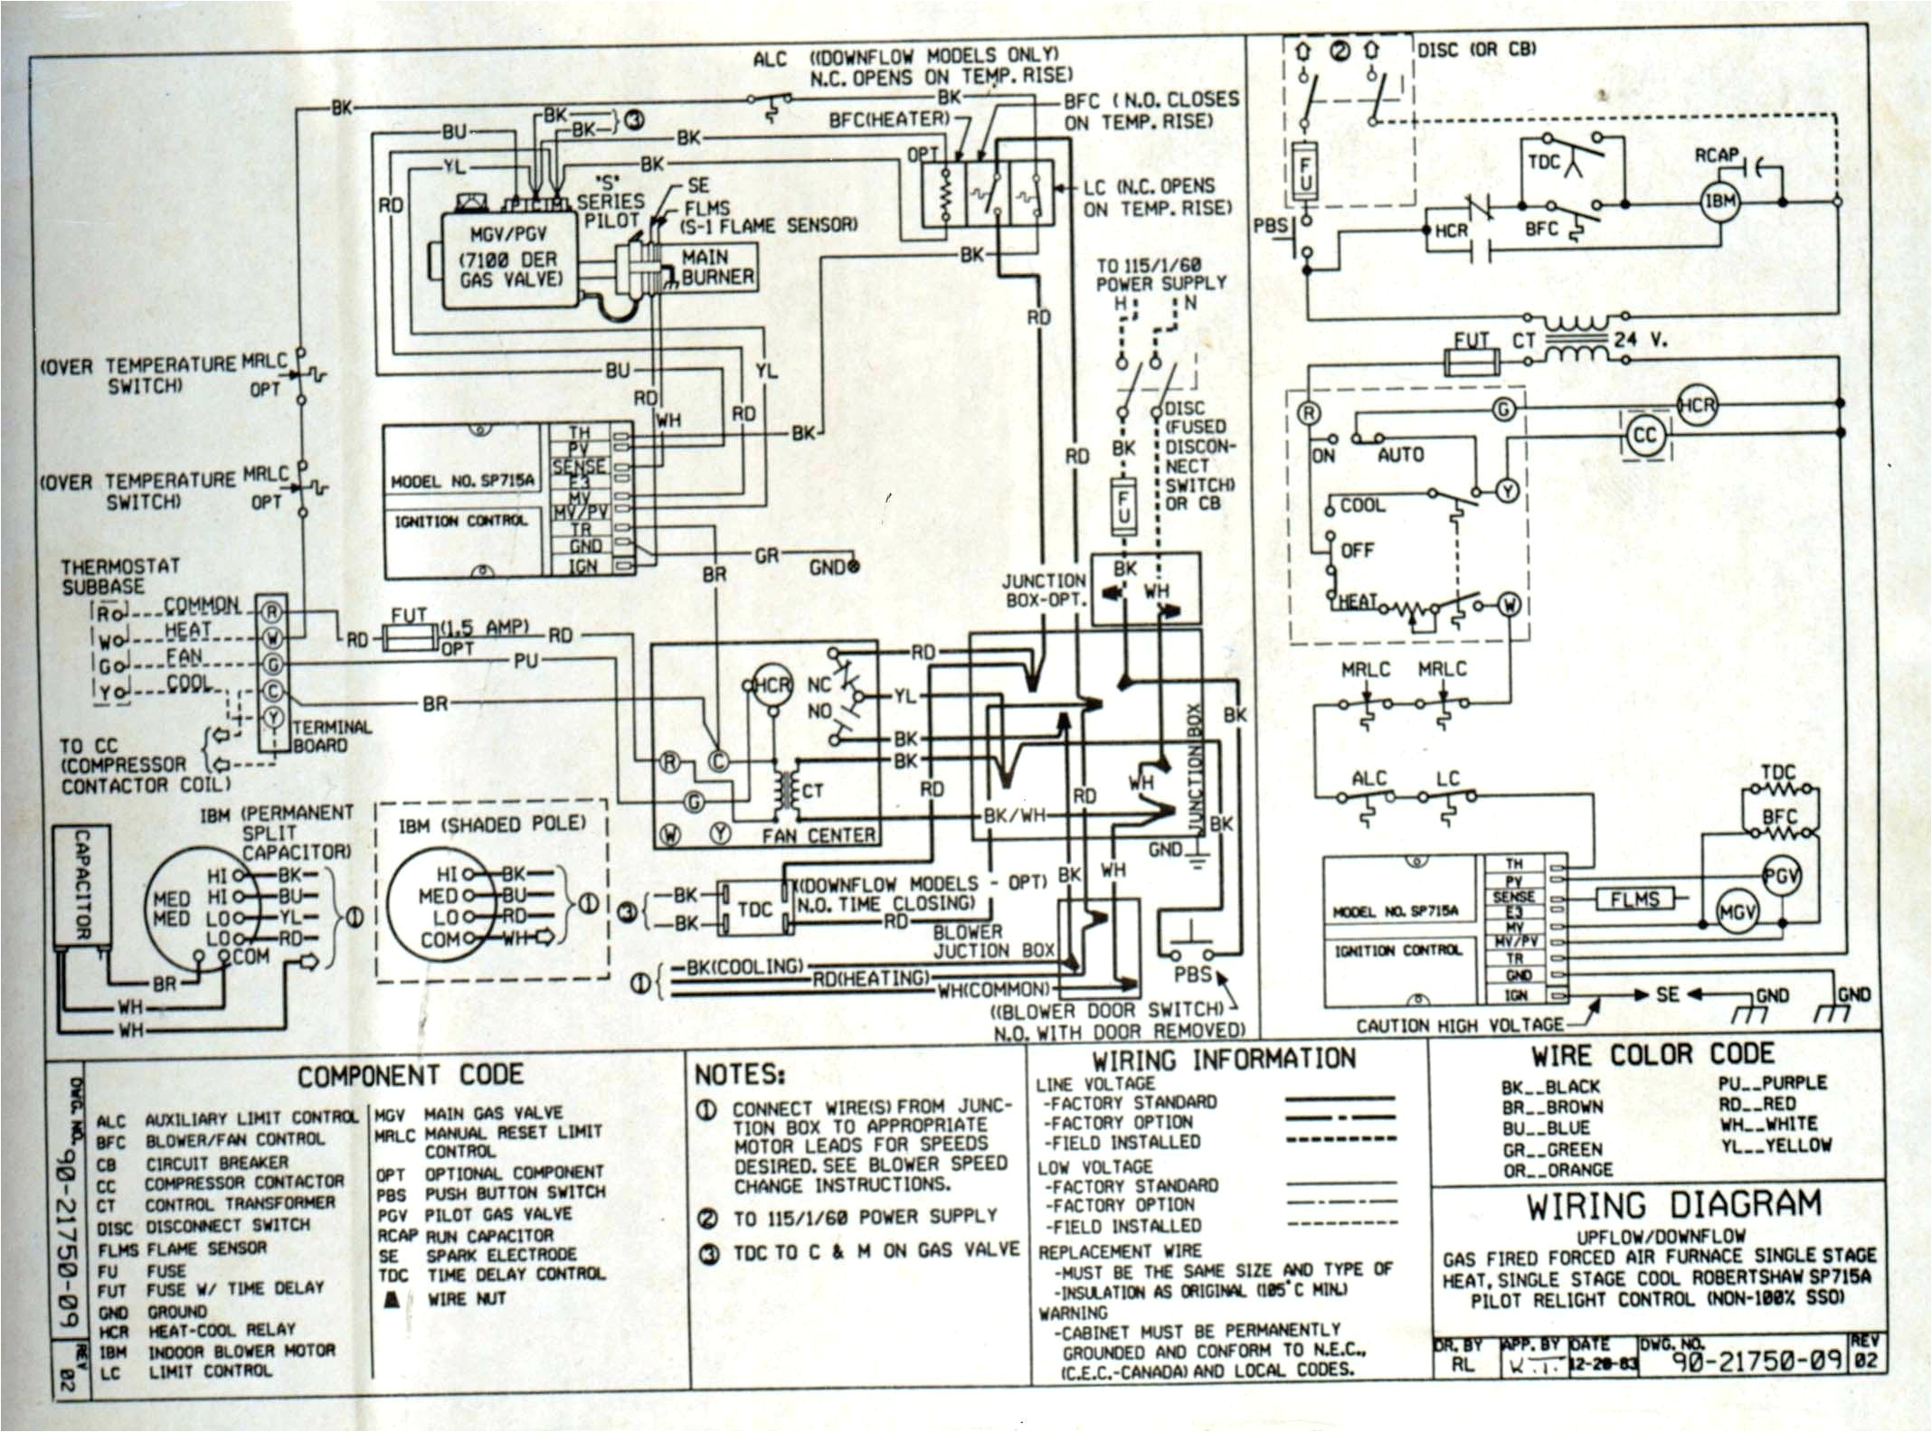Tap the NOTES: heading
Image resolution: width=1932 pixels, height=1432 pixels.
click(739, 1075)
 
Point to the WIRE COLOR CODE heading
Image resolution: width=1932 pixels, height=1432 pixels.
click(1653, 1054)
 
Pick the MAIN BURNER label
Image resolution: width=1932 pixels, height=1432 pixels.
click(717, 268)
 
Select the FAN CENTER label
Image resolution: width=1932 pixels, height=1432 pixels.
click(818, 836)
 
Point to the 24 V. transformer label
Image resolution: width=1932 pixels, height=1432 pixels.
click(1639, 342)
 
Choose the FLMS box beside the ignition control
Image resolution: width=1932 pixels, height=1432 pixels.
click(1634, 899)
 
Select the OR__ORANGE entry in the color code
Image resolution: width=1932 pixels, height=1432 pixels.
click(1557, 1169)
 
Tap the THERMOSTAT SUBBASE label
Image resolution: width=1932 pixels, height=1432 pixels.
click(120, 576)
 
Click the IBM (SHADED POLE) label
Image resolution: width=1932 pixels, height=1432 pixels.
click(492, 824)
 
